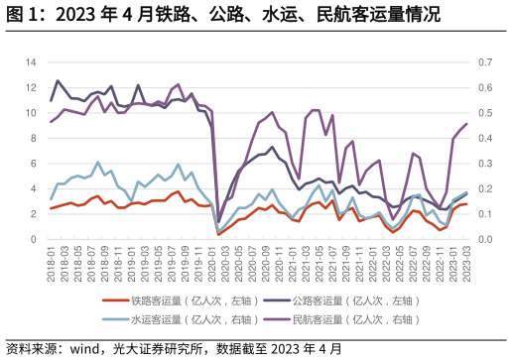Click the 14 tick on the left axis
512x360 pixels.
coord(30,62)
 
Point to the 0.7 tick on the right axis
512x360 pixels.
coord(485,62)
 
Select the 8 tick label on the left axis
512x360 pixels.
coord(33,138)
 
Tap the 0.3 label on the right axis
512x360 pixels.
coord(485,164)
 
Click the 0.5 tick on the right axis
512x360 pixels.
coord(485,113)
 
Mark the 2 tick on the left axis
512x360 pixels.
coord(33,214)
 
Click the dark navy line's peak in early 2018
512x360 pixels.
coord(58,80)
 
